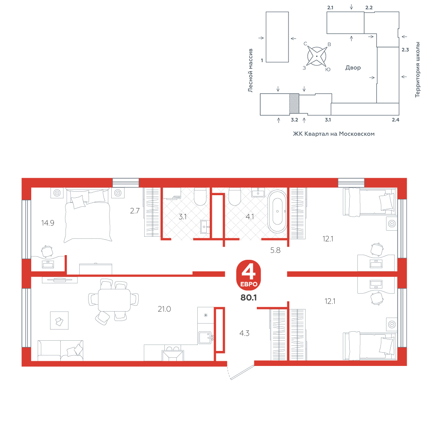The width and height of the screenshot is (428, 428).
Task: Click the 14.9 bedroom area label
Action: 48,223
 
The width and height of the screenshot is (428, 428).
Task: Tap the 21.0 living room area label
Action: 164,309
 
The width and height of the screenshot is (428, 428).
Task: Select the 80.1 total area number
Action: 249,297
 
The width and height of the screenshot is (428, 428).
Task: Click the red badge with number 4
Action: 249,275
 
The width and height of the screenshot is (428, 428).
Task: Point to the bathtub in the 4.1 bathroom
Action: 277,211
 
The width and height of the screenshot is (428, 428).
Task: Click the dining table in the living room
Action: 114,300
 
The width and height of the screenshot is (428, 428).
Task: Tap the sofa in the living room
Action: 60,351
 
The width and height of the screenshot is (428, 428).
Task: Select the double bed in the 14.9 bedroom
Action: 88,216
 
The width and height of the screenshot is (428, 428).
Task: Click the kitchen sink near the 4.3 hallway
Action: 205,338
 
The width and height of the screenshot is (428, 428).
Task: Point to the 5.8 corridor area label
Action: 275,250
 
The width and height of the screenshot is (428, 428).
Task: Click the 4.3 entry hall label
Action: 244,333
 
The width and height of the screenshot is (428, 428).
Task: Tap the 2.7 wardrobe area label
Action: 135,211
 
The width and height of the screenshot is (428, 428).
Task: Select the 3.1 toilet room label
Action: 183,217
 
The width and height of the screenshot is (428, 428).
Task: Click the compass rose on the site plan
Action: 317,56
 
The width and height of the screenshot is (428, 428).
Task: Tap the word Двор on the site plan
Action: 353,68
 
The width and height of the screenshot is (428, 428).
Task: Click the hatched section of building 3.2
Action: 294,104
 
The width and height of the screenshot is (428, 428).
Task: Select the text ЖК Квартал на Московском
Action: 333,134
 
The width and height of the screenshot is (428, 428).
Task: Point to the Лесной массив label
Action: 250,71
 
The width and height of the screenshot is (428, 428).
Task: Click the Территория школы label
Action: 417,70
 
